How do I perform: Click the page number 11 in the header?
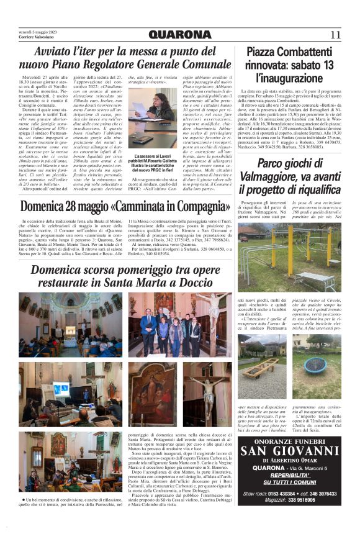pyautogui.click(x=335, y=35)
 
